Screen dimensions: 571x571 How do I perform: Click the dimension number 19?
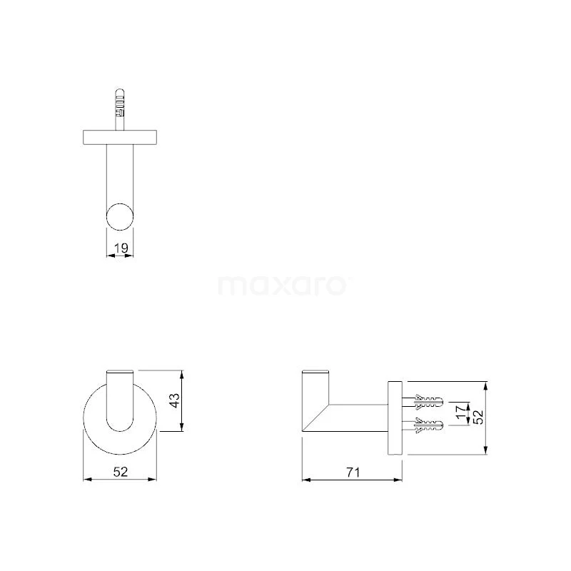[121, 248]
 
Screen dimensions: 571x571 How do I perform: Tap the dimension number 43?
[175, 400]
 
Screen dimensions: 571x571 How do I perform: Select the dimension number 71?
[353, 473]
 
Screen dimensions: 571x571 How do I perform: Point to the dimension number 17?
[461, 412]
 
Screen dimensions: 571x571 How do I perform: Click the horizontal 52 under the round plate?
[121, 472]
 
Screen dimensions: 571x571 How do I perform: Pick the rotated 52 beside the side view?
[478, 418]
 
